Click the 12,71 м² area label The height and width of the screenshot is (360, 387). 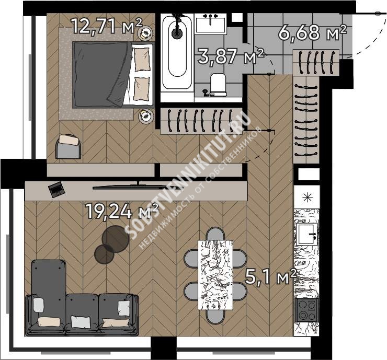click(107, 27)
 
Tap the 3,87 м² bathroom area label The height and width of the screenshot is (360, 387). click(231, 56)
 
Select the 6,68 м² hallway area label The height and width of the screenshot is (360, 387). click(313, 32)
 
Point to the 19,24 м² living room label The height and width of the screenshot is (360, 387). click(122, 211)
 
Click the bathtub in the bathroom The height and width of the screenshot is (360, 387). click(177, 52)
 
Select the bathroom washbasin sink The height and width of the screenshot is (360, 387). click(210, 24)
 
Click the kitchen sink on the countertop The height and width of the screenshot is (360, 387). click(306, 234)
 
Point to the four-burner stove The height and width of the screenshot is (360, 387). click(307, 310)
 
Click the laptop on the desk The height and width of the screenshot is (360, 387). click(56, 189)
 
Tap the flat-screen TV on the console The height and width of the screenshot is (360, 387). click(138, 187)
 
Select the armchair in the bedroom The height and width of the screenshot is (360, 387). click(69, 146)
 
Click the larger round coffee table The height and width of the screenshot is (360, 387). click(116, 239)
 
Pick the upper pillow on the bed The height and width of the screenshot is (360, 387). click(142, 59)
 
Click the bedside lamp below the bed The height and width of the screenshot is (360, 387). click(146, 116)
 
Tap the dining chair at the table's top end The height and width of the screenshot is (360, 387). click(215, 234)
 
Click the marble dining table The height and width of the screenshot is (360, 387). click(215, 275)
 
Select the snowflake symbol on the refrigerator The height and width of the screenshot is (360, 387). click(308, 198)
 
